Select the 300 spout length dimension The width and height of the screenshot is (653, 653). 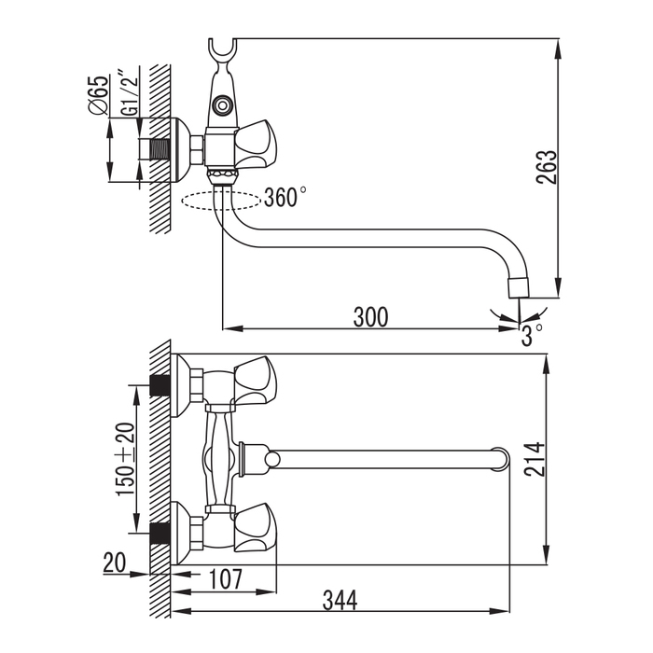pos(370,316)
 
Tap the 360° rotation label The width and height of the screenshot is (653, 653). pos(285,198)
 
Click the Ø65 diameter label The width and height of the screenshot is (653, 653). pos(103,94)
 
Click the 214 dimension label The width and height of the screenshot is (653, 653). pos(534,459)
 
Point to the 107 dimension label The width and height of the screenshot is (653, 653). pos(224,579)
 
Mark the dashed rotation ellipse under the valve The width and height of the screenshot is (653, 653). pos(222,200)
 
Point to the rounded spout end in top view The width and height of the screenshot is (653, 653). pos(502,458)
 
